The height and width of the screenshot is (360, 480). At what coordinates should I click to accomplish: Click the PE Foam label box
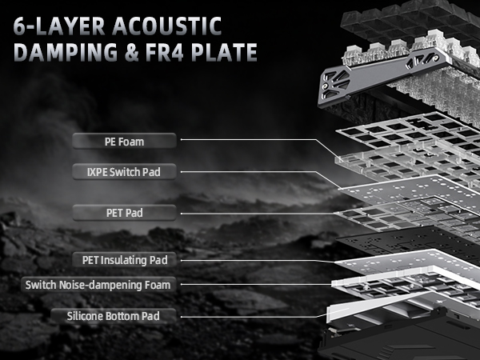click(124, 141)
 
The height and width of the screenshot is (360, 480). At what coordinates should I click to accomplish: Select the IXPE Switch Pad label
click(124, 171)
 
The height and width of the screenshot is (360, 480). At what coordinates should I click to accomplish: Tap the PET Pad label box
click(124, 213)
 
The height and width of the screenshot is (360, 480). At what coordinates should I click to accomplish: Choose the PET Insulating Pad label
click(124, 260)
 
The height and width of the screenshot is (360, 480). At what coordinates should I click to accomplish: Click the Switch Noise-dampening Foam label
click(98, 285)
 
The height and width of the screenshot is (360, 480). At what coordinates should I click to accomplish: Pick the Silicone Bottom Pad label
click(114, 316)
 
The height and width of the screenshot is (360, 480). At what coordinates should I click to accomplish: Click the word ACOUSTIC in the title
click(167, 26)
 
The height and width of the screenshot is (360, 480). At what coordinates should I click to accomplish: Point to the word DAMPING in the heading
click(66, 52)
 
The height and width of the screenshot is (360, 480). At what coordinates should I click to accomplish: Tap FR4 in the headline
click(164, 52)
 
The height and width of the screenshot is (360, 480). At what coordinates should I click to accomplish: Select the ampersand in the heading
click(131, 52)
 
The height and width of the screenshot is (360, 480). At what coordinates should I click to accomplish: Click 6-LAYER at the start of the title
click(59, 26)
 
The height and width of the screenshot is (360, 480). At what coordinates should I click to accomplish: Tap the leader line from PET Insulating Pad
click(257, 261)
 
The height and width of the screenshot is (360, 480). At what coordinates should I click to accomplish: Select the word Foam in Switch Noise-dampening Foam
click(158, 285)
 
